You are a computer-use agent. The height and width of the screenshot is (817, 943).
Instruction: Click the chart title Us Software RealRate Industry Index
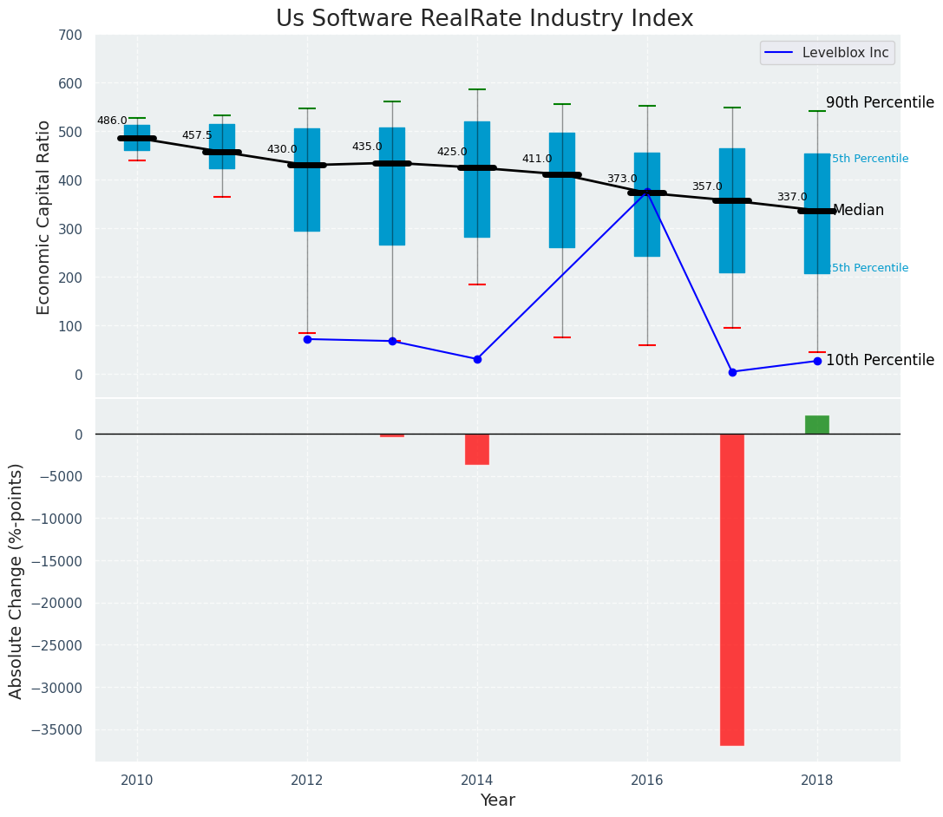484,19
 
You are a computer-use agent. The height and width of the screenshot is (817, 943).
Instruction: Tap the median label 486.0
112,121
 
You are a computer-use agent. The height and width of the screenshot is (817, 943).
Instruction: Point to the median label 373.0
621,180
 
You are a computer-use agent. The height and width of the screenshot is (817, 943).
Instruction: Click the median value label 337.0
791,198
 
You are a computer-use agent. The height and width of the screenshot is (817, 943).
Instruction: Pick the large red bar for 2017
731,589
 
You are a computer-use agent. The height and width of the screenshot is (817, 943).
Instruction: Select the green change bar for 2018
816,425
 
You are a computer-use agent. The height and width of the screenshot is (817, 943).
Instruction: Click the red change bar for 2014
476,449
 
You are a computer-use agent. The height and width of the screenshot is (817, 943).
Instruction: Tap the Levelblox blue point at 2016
647,192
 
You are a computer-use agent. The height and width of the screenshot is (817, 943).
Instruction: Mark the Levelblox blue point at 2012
307,339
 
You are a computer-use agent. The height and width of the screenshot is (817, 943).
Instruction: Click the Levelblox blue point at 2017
732,372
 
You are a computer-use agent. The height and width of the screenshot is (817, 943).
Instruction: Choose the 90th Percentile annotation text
880,103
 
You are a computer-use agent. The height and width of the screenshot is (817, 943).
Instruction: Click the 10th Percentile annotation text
880,361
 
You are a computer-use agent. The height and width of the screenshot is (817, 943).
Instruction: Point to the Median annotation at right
858,211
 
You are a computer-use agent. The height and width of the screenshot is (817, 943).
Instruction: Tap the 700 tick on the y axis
70,36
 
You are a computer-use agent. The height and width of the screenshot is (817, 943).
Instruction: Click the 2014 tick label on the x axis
476,780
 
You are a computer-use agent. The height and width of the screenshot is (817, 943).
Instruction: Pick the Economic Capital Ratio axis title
44,205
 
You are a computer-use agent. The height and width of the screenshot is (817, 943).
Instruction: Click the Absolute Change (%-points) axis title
16,580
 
